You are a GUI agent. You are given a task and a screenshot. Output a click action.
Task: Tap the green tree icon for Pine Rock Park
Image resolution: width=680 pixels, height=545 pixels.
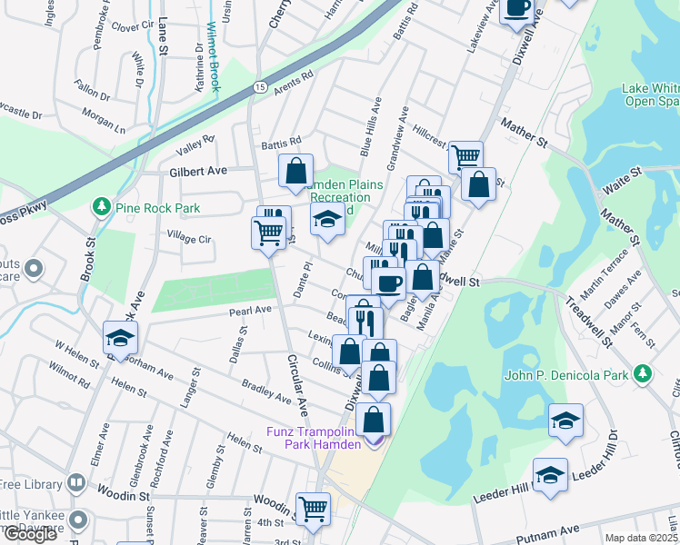click(x=99, y=208)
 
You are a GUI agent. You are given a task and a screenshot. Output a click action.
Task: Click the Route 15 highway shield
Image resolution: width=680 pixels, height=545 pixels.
click(x=259, y=86)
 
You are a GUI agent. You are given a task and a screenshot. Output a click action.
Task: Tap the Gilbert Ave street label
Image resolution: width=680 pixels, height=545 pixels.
click(x=197, y=170)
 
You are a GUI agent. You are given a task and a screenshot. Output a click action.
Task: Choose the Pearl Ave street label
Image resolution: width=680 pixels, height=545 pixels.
click(x=250, y=311)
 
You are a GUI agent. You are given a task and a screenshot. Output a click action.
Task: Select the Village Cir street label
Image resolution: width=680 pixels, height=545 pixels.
click(x=190, y=239)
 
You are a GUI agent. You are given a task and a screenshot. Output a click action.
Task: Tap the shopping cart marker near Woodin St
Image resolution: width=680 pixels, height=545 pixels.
click(x=313, y=508)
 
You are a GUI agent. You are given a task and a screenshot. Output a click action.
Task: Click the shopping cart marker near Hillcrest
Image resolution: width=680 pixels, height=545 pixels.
click(x=466, y=155)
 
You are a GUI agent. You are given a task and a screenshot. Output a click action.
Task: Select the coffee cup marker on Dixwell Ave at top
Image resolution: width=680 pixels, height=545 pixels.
click(x=517, y=7)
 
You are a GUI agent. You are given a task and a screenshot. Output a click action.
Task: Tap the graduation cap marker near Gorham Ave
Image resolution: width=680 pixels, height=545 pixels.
click(x=120, y=338)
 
